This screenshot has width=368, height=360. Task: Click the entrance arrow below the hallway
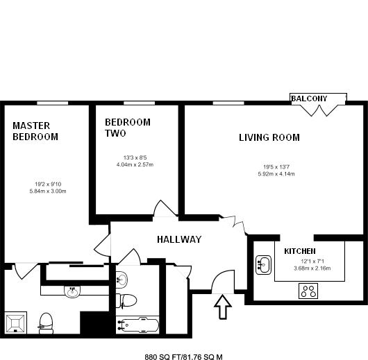point(223,307)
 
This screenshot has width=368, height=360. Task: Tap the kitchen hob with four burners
point(308,291)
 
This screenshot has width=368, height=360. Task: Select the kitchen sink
point(263,265)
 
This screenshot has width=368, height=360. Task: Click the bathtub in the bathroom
point(138,325)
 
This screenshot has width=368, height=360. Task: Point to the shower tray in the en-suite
point(15,323)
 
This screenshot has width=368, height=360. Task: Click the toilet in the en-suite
point(46,323)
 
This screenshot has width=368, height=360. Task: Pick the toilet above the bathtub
point(126,300)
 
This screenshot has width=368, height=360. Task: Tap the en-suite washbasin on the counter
point(72,291)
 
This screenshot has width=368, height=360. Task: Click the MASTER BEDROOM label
point(35,131)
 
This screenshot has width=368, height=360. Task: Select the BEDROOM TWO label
point(128,128)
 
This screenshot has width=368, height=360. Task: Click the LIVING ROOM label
point(269,137)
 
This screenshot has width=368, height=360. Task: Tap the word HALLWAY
point(179,239)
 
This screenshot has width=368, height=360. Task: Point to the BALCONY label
point(309,98)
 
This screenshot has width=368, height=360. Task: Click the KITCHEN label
point(300,251)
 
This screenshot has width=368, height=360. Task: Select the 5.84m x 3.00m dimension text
point(48,191)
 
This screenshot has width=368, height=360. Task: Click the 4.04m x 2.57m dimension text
point(135,164)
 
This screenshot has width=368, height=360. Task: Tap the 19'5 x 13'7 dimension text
point(276,167)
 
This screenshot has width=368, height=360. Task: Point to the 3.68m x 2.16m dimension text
point(312,268)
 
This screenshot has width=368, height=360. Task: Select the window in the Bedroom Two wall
point(139,103)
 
